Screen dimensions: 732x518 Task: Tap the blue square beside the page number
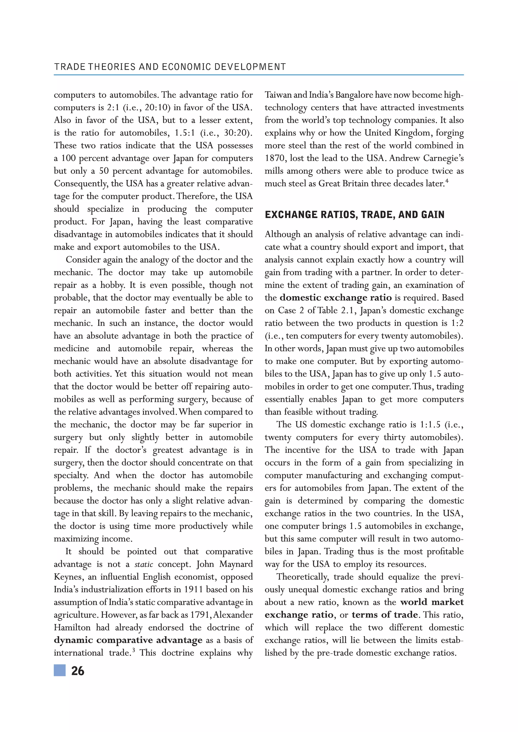point(60,671)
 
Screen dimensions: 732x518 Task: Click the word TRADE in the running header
point(69,67)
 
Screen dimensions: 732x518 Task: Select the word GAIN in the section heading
point(433,215)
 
